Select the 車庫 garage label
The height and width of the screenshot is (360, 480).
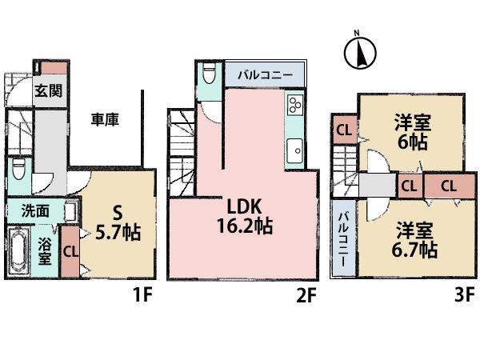[105, 121]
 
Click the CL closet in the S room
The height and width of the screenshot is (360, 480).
[70, 250]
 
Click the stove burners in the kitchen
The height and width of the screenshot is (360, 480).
[294, 106]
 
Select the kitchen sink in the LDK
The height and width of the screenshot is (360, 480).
[294, 150]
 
